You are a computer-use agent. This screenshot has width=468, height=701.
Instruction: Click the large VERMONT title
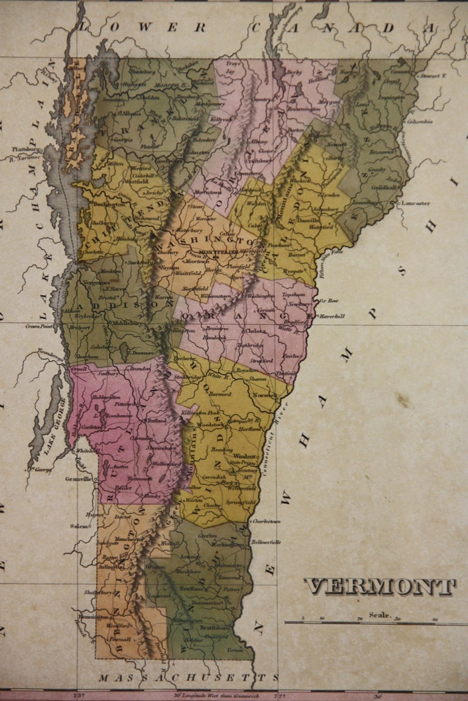click(380, 587)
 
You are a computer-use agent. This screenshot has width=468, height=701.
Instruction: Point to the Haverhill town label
click(331, 316)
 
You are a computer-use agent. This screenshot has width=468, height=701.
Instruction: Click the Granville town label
click(78, 479)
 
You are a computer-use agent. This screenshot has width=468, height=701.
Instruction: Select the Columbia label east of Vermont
click(419, 121)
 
